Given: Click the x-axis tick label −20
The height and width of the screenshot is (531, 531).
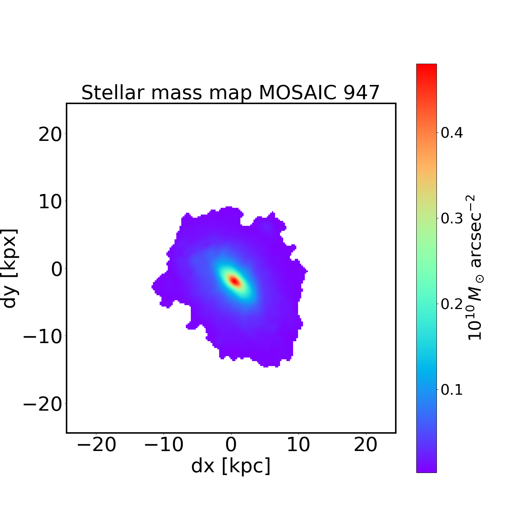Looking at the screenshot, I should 96,445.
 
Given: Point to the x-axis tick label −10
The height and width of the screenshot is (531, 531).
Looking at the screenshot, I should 164,445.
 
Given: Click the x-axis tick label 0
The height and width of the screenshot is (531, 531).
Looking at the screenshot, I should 231,445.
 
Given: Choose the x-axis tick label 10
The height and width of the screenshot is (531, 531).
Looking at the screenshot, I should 298,445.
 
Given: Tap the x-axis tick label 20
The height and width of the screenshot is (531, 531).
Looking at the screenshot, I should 366,445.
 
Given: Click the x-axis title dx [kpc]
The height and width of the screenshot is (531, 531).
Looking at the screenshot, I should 231,466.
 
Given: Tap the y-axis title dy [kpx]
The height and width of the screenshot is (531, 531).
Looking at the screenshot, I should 10,268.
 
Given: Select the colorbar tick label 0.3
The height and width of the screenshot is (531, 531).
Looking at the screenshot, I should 451,219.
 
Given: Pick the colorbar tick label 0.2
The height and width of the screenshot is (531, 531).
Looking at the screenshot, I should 451,304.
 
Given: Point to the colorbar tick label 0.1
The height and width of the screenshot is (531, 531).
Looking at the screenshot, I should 451,390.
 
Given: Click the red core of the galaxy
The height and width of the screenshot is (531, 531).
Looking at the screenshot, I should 235,281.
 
